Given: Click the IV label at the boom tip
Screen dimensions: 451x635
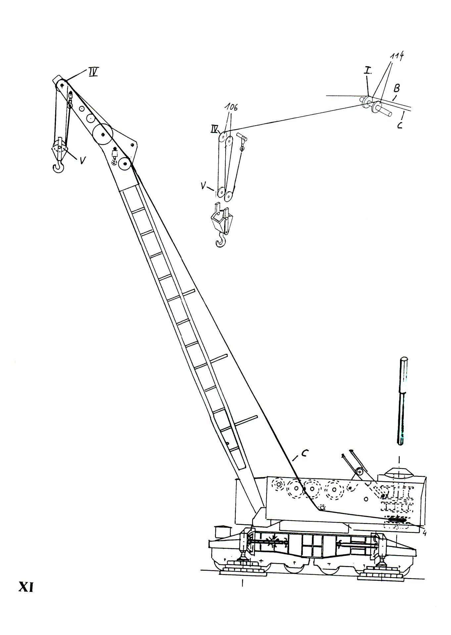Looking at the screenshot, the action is pos(93,72).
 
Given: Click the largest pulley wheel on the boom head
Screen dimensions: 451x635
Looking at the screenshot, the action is pos(103,134).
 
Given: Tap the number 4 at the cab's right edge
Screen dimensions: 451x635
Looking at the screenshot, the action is pos(424,533).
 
